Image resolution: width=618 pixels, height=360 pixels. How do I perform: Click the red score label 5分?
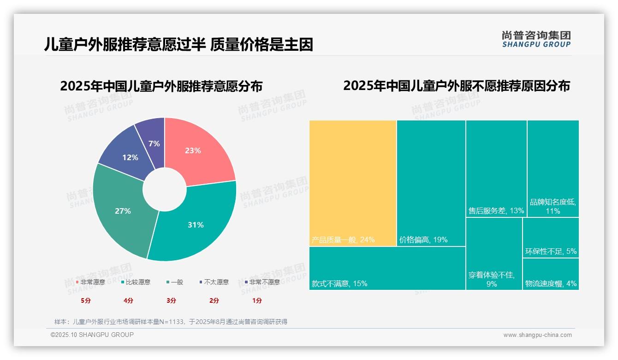[86, 300]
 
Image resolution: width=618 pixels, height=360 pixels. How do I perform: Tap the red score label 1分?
[257, 300]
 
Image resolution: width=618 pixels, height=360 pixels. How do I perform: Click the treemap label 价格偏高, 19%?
[423, 240]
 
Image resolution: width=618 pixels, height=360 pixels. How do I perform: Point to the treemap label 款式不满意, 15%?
[339, 284]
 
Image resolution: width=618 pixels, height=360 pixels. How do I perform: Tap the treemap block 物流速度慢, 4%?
[551, 275]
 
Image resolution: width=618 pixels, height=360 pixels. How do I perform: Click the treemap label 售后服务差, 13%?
[496, 211]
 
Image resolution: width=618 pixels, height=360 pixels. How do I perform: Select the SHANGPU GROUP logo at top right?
[536, 39]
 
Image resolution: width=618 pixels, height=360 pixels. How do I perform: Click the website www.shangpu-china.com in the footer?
[537, 335]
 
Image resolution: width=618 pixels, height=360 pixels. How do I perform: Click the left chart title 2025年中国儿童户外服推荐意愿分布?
[161, 86]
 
